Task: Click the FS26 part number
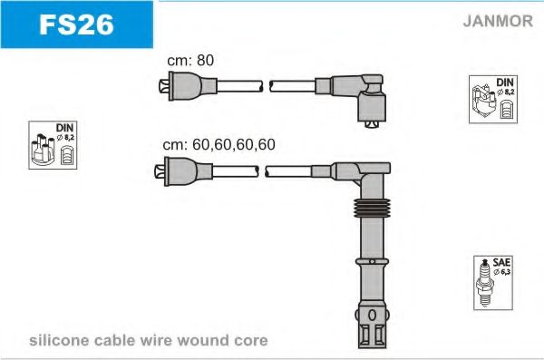tap(76, 24)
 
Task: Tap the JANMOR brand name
tap(498, 21)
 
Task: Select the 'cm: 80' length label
tap(190, 60)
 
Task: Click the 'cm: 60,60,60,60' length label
tap(219, 144)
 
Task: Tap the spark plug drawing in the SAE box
tap(485, 283)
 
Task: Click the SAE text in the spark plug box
tap(501, 262)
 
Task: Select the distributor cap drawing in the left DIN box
tap(43, 150)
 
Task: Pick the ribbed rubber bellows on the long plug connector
tap(372, 208)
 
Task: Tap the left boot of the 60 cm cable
tap(183, 171)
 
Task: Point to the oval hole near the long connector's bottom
tap(372, 316)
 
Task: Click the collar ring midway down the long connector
tap(372, 261)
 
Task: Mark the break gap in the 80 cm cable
tap(266, 86)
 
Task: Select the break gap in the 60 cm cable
tap(262, 171)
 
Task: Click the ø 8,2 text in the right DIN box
tap(506, 92)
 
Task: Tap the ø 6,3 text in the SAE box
tap(501, 271)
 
